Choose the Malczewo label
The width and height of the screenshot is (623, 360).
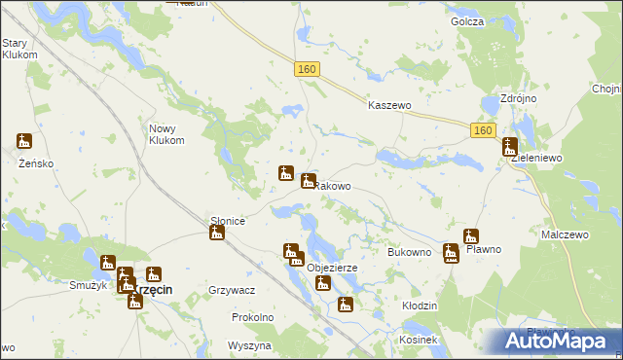pos(568,235)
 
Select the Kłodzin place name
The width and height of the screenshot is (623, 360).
pos(420,306)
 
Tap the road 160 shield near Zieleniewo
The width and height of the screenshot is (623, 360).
pos(483,130)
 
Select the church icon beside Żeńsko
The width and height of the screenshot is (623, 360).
pos(24,142)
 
